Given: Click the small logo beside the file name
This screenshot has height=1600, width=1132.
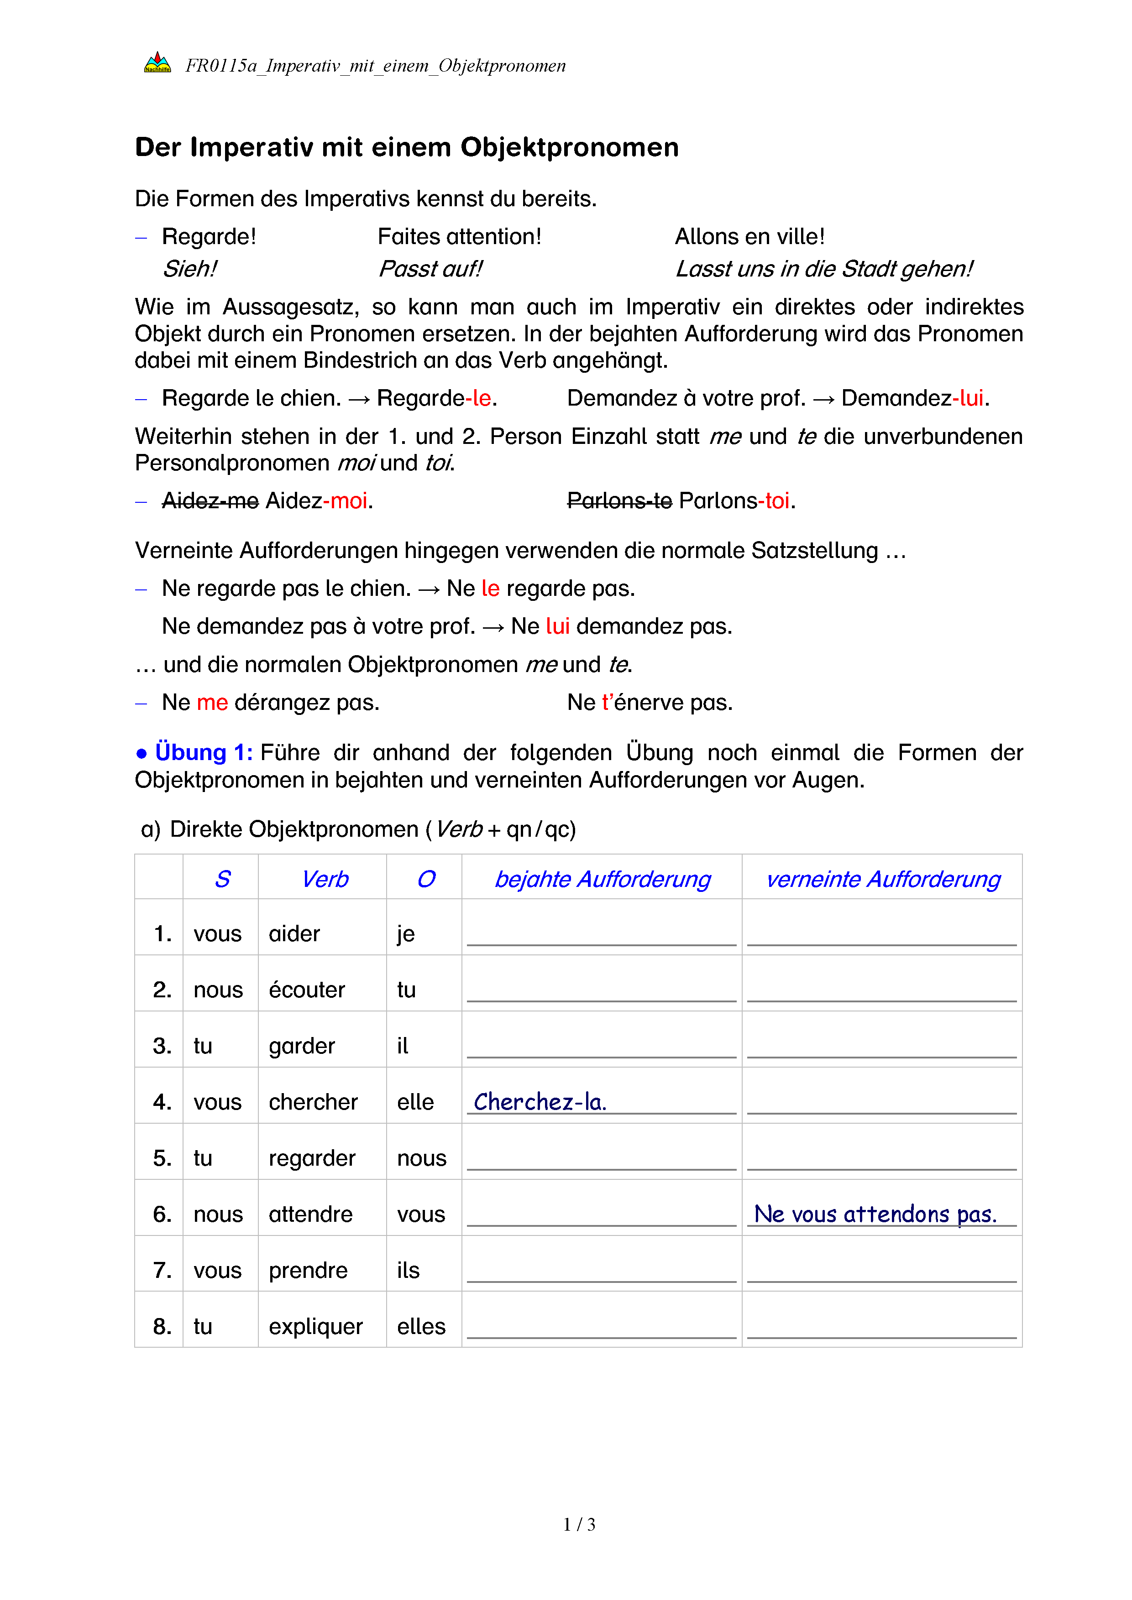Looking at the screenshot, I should (157, 63).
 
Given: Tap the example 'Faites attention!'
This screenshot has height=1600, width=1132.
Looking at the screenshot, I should (459, 237).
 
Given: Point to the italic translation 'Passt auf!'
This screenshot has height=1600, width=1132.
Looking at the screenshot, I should (430, 269).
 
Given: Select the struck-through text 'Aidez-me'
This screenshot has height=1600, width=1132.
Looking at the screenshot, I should (210, 501).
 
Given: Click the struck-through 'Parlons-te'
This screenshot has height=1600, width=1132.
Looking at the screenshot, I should (619, 501).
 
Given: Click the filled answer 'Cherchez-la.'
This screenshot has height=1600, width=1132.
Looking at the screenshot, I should (540, 1102).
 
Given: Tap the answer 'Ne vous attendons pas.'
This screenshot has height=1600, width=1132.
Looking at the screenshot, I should (875, 1214).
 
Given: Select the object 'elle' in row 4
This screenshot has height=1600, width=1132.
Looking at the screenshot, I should (415, 1102).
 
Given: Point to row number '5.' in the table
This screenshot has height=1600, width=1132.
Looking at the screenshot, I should (162, 1158).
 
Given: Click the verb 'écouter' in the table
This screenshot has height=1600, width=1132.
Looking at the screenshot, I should (307, 990).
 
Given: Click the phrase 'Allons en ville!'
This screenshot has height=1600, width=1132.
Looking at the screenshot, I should (749, 237).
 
